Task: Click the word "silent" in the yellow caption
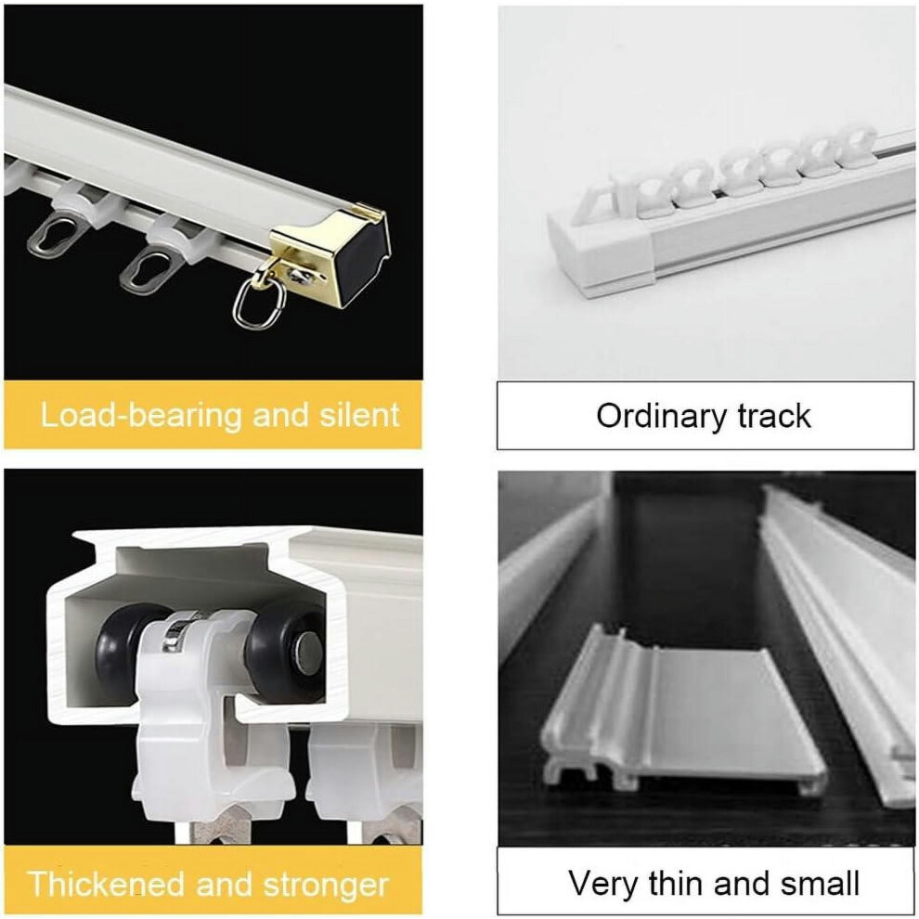359,415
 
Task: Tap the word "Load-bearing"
141,416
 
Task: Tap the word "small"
822,883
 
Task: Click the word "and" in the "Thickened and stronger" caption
225,884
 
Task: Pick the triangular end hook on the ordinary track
595,198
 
